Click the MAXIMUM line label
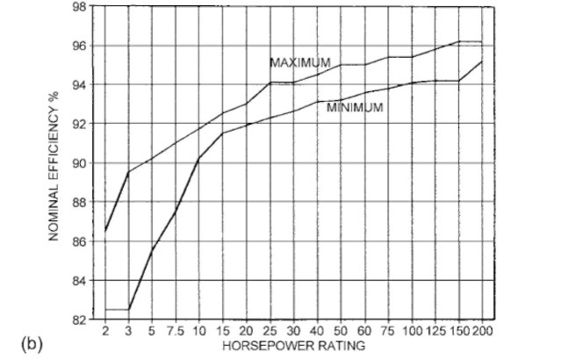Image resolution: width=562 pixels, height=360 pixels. pos(300,63)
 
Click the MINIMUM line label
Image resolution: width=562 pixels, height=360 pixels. pos(355,108)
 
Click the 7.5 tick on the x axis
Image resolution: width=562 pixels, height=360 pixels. pos(175,331)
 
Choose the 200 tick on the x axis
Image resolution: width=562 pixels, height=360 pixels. pos(482,331)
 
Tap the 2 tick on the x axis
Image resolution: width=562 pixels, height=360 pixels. pos(106,331)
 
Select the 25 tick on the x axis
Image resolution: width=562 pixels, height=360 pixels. pos(270,331)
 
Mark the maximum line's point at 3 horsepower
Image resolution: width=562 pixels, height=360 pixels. pos(129,172)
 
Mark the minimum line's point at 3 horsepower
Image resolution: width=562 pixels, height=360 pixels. pos(129,309)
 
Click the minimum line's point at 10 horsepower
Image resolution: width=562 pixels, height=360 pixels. pos(199,158)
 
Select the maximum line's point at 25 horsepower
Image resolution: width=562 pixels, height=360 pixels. pos(270,82)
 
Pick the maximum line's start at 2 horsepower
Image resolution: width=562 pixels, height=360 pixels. pos(106,231)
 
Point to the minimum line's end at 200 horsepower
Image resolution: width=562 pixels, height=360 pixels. pos(482,61)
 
